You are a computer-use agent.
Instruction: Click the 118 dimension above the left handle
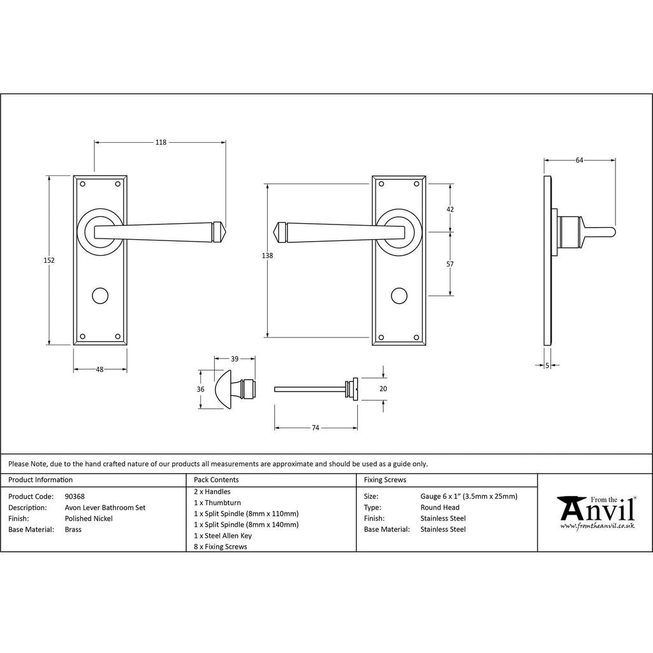coord(161,142)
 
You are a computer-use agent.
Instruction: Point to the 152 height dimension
coord(49,260)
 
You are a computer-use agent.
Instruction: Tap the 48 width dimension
coord(99,369)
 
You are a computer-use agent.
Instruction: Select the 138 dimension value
coord(267,256)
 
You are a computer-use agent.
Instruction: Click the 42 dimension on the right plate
coord(450,209)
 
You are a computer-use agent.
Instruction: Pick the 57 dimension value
coord(450,264)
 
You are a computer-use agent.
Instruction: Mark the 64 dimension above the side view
coord(579,160)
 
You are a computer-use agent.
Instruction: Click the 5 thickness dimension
coord(547,365)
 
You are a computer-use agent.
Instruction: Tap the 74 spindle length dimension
coord(315,428)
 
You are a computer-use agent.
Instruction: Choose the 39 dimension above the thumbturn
coord(235,359)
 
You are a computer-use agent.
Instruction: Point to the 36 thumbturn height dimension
coord(200,390)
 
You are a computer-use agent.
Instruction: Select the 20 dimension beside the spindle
coord(383,388)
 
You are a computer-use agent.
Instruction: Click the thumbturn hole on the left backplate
coord(100,295)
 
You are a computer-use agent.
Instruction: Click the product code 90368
coord(75,496)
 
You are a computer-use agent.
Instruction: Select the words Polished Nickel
coord(89,518)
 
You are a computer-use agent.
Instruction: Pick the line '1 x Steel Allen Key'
coord(223,536)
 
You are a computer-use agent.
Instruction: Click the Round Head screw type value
coord(440,507)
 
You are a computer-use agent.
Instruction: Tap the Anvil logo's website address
coord(598,526)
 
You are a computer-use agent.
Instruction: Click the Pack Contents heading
coord(216,480)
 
